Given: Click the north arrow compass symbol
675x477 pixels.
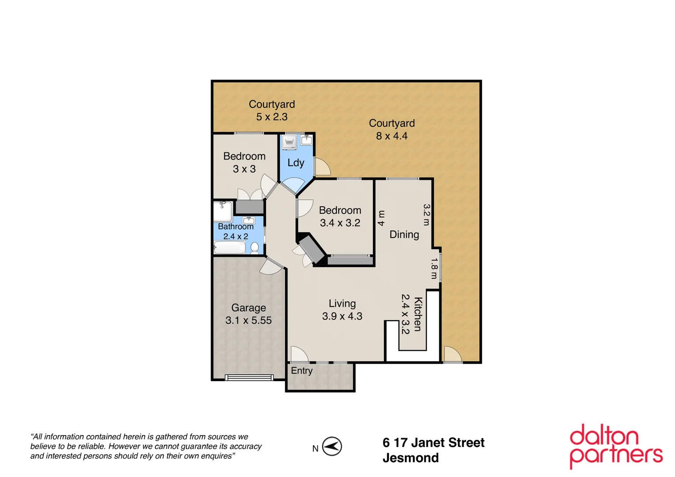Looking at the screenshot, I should [332, 446].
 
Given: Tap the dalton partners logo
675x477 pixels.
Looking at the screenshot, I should [616, 446].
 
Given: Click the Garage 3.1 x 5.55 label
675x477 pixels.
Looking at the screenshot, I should [249, 314].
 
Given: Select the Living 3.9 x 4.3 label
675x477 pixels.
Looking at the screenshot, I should [342, 310].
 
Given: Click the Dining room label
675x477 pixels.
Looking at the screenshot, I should [404, 235].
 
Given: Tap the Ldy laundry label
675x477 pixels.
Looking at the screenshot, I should [296, 163].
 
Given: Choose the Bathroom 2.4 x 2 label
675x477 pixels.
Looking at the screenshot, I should [236, 231].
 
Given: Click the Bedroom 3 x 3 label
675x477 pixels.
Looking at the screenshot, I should [244, 163].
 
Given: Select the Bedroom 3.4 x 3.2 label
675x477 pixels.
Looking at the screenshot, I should [340, 216].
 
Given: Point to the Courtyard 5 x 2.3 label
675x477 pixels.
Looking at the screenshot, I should [272, 110].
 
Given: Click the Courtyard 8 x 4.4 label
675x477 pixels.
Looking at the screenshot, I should [392, 129].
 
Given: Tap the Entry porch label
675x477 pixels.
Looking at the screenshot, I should [302, 371].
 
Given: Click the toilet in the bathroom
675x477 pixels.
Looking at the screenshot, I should [255, 248].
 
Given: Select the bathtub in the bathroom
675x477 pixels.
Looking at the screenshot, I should [230, 247].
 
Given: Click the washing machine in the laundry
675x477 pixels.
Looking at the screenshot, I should [290, 142].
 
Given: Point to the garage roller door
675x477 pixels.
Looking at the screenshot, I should [249, 377].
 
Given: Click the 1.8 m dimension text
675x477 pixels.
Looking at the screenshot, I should [434, 269].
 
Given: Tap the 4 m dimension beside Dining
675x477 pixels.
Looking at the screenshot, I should [381, 218].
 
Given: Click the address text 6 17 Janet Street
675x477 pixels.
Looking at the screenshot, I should [433, 443].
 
